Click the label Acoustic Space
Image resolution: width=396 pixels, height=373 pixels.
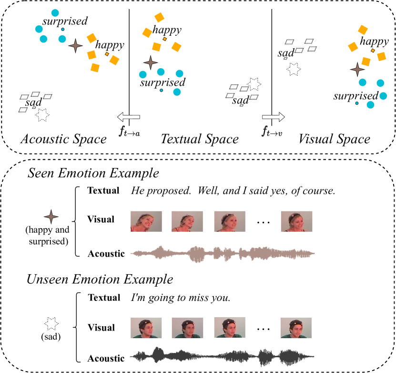tap(63, 139)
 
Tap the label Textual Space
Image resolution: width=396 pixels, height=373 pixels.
tap(199, 139)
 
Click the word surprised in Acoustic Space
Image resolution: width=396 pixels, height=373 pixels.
tap(65, 21)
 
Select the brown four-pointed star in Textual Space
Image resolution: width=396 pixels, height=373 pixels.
tap(151, 62)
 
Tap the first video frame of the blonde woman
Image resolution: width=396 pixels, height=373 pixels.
tap(146, 221)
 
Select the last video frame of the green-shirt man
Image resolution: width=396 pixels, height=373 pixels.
tap(296, 328)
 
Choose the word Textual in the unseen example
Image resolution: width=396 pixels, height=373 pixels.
tap(104, 298)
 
